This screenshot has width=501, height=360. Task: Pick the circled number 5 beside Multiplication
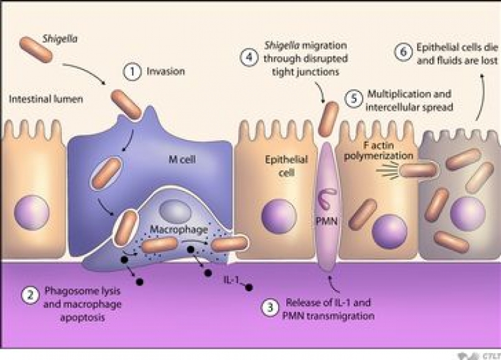(354, 98)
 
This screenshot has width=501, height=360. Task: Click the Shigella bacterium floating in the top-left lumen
(36, 49)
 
